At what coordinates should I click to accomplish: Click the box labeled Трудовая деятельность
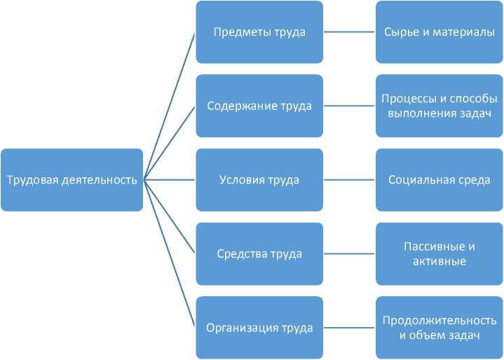click(x=71, y=180)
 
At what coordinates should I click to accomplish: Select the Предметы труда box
click(x=259, y=32)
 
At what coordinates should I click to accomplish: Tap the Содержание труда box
click(x=259, y=106)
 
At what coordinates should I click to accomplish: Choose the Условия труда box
click(x=259, y=180)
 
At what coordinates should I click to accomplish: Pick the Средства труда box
click(x=259, y=254)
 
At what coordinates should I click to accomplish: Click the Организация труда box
click(x=259, y=327)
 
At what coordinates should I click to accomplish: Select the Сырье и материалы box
click(x=440, y=32)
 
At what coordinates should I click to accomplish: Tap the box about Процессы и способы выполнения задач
click(x=440, y=106)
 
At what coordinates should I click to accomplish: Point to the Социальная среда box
click(x=440, y=180)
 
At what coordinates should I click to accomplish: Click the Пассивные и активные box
click(x=440, y=254)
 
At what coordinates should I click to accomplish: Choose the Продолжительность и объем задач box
click(x=440, y=327)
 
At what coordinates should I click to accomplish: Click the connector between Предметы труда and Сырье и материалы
click(x=349, y=32)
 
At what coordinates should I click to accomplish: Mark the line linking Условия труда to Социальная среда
click(x=349, y=180)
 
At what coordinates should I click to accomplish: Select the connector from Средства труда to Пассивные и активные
click(x=349, y=254)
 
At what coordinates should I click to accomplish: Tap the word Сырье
click(x=399, y=32)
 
